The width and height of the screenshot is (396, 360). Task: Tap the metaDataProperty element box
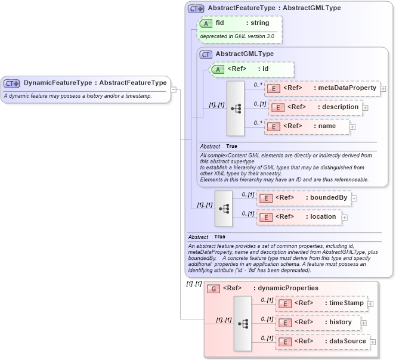click(322, 88)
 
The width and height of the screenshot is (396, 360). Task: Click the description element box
click(315, 107)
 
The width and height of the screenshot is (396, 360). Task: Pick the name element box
click(307, 126)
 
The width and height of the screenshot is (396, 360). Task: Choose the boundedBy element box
click(304, 198)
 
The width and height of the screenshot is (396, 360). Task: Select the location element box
click(299, 217)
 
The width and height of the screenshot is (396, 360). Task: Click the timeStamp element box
click(321, 303)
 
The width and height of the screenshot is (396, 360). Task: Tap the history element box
click(318, 322)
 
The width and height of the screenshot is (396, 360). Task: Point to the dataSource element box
click(322, 342)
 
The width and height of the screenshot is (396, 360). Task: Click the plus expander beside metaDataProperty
click(383, 89)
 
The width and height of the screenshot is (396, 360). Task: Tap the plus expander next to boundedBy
click(354, 198)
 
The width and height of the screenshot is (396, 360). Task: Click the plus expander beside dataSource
click(372, 342)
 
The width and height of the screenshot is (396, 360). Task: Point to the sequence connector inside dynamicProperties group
click(243, 323)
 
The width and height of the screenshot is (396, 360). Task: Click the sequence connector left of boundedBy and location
click(224, 209)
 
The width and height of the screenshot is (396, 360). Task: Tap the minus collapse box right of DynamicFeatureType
click(174, 90)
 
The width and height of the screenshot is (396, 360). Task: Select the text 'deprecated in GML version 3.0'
click(237, 36)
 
